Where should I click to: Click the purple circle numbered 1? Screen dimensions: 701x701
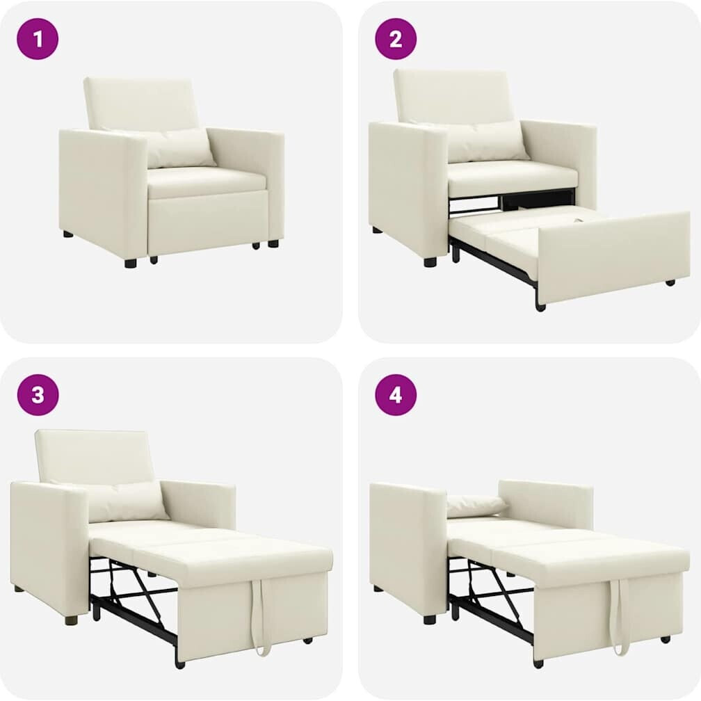(38, 39)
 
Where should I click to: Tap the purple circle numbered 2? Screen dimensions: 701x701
(396, 39)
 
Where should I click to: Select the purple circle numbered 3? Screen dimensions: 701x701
(38, 395)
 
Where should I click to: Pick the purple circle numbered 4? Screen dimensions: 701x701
(396, 395)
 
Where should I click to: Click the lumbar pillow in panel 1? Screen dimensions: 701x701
(179, 147)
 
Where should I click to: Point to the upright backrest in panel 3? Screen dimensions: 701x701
(96, 456)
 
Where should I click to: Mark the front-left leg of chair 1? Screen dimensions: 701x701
(131, 262)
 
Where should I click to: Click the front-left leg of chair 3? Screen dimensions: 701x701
(71, 619)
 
